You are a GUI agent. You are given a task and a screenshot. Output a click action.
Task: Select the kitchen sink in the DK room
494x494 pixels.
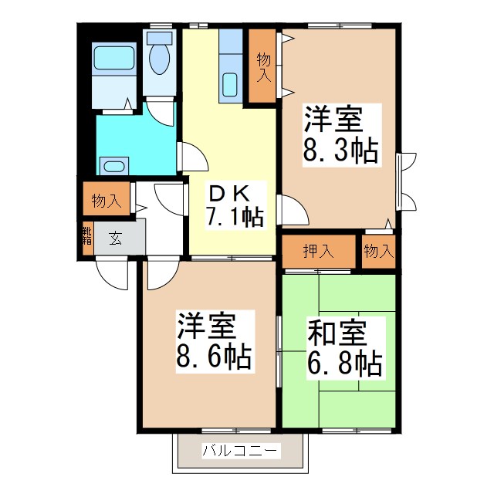click(229, 84)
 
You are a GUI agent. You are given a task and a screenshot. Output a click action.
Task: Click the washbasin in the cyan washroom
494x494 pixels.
click(113, 165)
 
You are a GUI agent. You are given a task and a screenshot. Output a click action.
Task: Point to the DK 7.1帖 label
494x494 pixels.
click(233, 205)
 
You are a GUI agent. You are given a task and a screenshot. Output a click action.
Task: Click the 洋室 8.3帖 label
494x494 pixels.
click(340, 136)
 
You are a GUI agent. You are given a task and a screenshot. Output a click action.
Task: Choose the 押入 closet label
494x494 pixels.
click(318, 250)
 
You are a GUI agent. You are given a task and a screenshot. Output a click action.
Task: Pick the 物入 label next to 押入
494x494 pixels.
click(378, 250)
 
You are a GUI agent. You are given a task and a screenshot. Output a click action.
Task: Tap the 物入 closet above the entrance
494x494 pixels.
click(106, 201)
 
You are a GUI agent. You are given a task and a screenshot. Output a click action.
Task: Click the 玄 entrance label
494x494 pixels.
click(114, 239)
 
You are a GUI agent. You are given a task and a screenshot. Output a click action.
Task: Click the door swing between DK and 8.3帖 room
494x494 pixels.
click(290, 209)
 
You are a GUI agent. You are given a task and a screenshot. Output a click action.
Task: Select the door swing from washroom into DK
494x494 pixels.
click(191, 157)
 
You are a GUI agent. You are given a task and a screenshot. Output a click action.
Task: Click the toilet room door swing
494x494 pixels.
click(161, 112)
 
